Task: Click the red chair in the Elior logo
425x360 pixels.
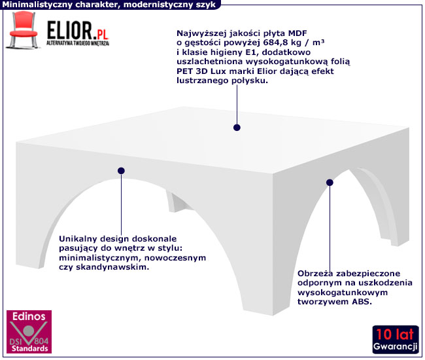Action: pyautogui.click(x=22, y=32)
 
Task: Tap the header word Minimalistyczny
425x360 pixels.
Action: pyautogui.click(x=39, y=5)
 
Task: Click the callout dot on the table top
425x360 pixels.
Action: pyautogui.click(x=237, y=128)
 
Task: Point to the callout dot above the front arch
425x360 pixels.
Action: pyautogui.click(x=121, y=171)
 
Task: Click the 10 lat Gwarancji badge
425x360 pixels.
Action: pyautogui.click(x=396, y=339)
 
